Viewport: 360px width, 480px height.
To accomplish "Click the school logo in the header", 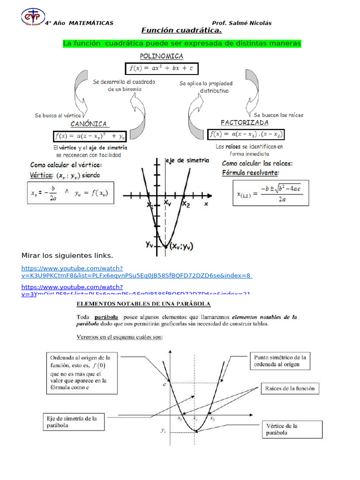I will [x=33, y=17].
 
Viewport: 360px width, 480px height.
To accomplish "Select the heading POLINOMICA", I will [x=162, y=56].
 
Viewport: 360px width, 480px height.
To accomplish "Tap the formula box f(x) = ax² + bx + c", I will [x=162, y=68].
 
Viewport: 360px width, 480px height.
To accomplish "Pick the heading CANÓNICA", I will [x=90, y=124].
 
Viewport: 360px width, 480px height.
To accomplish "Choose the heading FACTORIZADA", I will [x=245, y=123].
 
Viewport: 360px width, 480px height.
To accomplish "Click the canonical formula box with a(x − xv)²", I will [x=90, y=136].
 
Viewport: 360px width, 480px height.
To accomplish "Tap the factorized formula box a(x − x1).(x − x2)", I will [x=246, y=135].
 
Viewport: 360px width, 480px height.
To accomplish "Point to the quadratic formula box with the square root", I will [x=271, y=192].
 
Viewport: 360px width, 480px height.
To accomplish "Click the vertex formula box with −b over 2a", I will [x=69, y=192].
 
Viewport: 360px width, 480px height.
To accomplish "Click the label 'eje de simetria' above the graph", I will [x=187, y=160].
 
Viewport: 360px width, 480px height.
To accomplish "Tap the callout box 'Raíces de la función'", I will [x=290, y=388].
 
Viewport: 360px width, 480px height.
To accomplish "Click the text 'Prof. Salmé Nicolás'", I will [x=241, y=23].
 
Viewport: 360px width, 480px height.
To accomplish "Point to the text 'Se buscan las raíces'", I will [x=278, y=115].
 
